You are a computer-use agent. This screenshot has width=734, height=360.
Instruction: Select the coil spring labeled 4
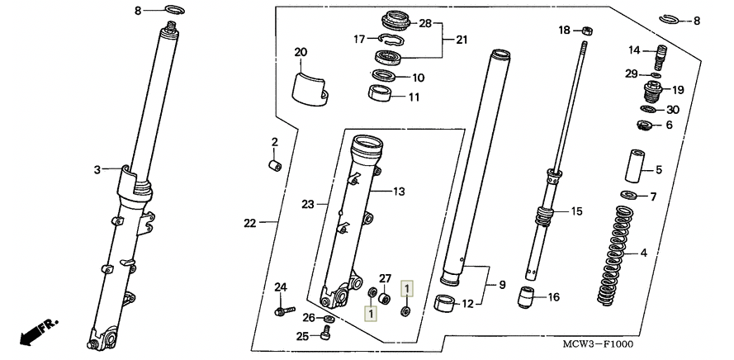[616, 256]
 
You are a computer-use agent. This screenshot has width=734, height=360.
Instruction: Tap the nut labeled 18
[587, 31]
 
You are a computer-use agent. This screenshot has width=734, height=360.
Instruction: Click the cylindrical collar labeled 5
[635, 166]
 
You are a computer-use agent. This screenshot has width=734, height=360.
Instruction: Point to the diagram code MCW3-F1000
[598, 344]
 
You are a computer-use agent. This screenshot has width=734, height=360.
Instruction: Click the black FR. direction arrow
[38, 332]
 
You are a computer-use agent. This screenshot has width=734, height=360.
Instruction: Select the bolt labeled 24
[285, 310]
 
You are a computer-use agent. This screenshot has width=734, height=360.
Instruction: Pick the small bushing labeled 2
[275, 166]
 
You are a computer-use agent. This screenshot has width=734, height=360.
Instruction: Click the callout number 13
[399, 192]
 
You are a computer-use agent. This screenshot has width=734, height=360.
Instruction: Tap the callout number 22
[250, 224]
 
